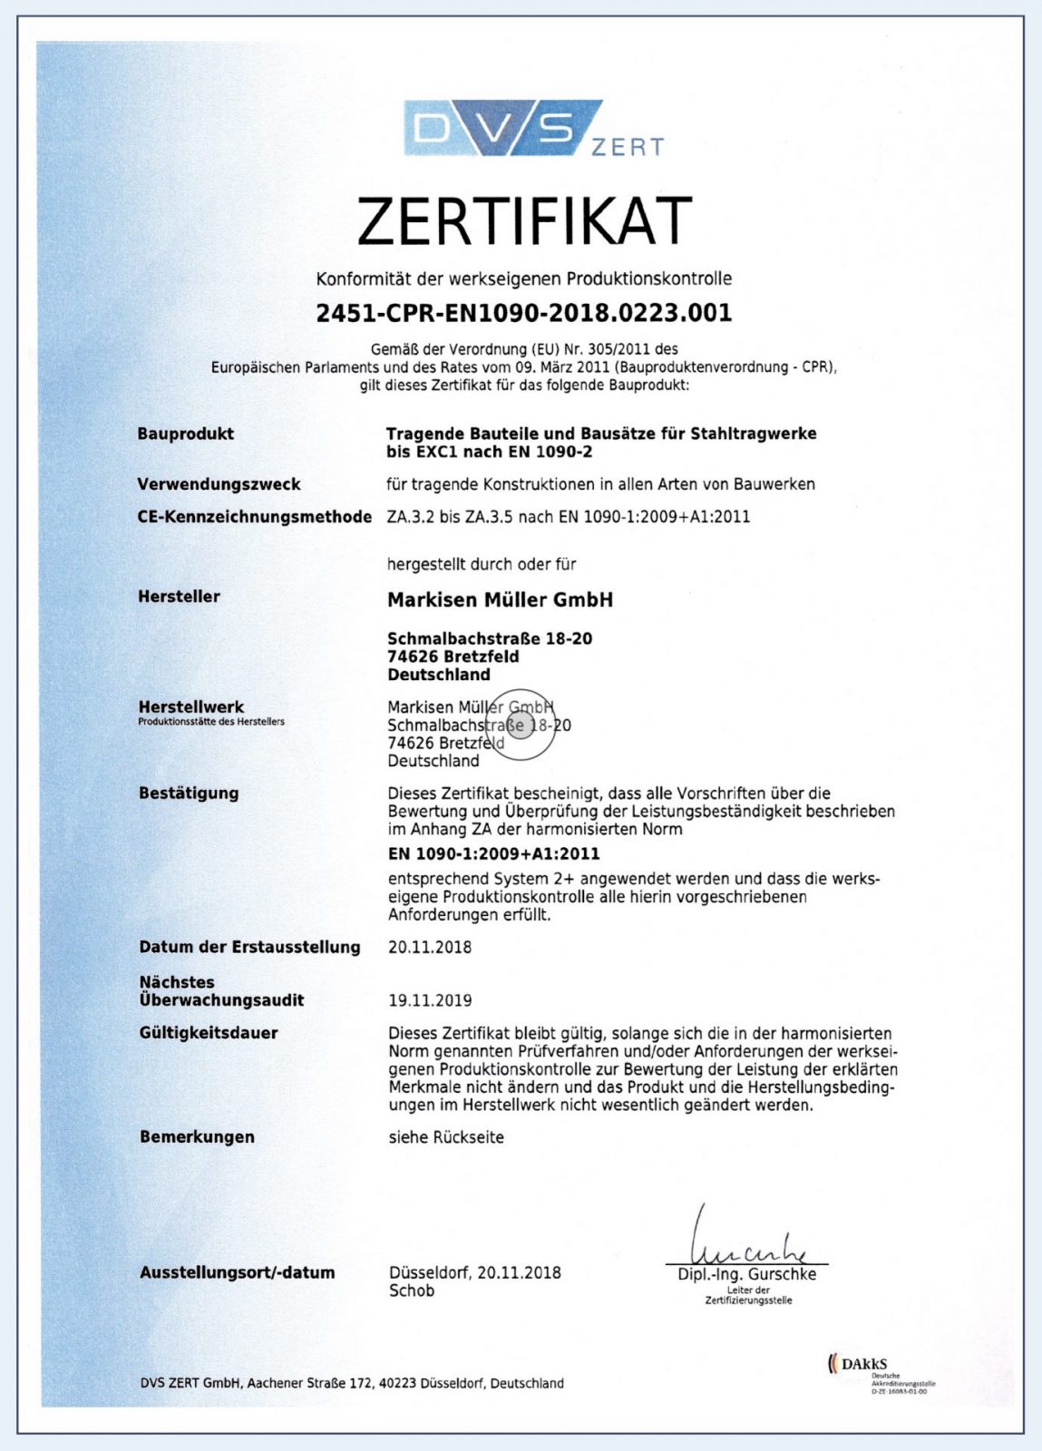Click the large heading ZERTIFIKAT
524,220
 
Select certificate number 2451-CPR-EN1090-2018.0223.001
523,313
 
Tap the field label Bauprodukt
185,433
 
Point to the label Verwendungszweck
219,484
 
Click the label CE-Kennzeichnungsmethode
254,517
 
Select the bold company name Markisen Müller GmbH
500,599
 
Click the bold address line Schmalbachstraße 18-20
490,638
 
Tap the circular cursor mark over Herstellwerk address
521,725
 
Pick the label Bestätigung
189,793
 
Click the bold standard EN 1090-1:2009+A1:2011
493,853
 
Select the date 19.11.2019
430,1000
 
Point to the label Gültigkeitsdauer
209,1033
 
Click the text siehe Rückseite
446,1137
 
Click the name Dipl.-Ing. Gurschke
746,1274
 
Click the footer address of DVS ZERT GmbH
352,1383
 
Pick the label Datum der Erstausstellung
249,947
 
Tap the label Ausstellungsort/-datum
237,1272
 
